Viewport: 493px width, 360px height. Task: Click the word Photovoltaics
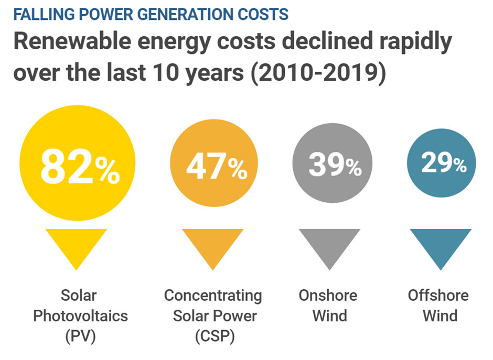point(80,317)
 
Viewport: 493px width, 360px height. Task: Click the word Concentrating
point(213,296)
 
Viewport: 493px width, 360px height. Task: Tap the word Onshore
point(328,296)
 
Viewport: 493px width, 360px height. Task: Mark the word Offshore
point(438,296)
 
